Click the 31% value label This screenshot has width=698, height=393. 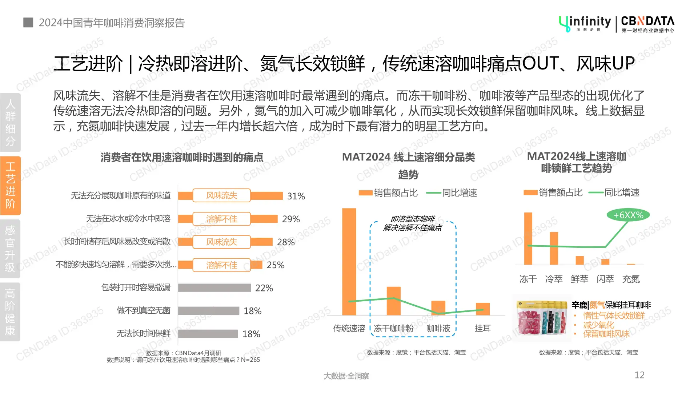[296, 196]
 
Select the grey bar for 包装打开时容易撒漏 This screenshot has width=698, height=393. [214, 288]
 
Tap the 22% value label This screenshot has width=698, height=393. [264, 288]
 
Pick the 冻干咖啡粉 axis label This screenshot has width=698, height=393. [393, 329]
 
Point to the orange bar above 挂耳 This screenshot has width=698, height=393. [483, 309]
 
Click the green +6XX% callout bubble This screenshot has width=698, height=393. [628, 215]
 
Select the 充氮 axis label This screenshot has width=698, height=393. [631, 279]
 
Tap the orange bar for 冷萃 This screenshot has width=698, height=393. [554, 248]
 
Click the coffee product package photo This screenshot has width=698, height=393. [542, 318]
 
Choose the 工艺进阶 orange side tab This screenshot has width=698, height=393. [11, 186]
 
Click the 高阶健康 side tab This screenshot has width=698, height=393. [10, 312]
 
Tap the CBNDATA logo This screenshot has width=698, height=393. [647, 24]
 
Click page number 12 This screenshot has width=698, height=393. [639, 375]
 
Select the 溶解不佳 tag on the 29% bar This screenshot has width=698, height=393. [221, 219]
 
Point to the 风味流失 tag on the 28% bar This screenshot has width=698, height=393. [221, 242]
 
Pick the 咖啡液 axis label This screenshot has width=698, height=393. [438, 329]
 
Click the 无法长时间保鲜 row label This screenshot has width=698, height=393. [143, 333]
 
